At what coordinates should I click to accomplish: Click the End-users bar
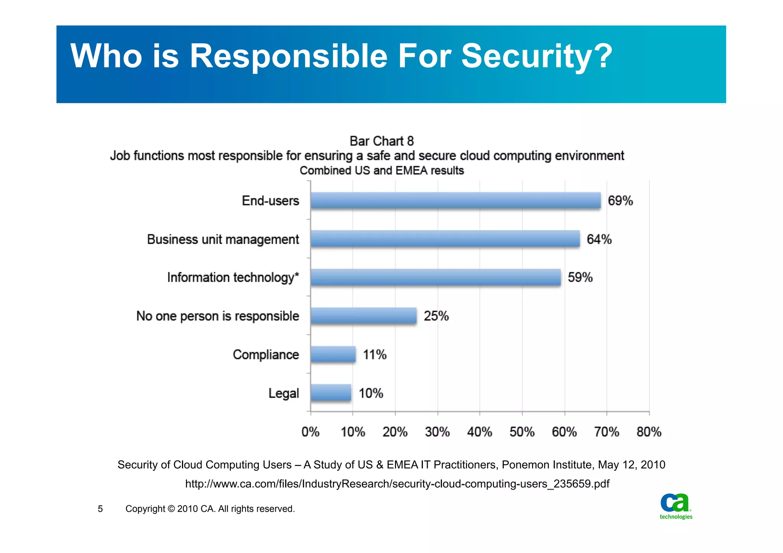click(x=455, y=200)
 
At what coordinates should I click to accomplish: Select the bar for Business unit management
click(x=445, y=239)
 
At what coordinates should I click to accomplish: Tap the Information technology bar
click(x=435, y=277)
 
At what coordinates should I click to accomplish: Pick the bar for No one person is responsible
click(x=364, y=316)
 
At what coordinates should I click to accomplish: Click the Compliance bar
click(x=333, y=354)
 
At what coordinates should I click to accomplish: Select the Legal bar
click(x=331, y=392)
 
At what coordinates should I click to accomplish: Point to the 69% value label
click(x=620, y=201)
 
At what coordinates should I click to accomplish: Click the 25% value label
click(x=436, y=316)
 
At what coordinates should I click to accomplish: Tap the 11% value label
click(x=374, y=355)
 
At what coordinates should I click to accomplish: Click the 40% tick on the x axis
click(x=479, y=432)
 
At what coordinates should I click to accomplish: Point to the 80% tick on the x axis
click(x=649, y=432)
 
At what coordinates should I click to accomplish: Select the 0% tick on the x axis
click(x=310, y=432)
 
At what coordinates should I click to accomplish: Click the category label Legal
click(x=283, y=393)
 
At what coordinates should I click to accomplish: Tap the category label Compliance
click(x=266, y=355)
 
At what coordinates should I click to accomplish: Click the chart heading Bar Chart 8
click(x=382, y=141)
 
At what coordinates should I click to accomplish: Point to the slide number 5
click(x=100, y=509)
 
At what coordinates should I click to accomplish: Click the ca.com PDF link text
click(x=397, y=484)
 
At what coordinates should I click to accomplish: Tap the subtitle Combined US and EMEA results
click(x=382, y=170)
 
